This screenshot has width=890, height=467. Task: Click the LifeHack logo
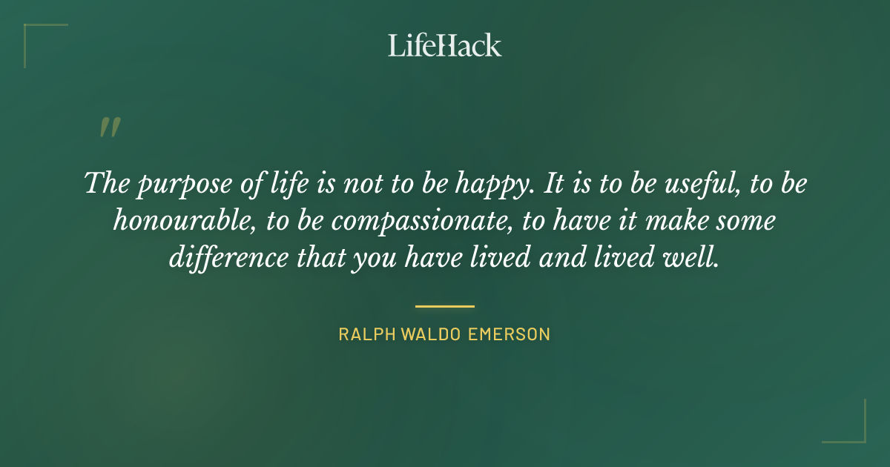(444, 45)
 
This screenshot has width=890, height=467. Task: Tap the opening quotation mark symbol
(109, 127)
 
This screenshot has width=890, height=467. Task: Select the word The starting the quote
(108, 183)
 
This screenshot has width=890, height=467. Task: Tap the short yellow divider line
(444, 305)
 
